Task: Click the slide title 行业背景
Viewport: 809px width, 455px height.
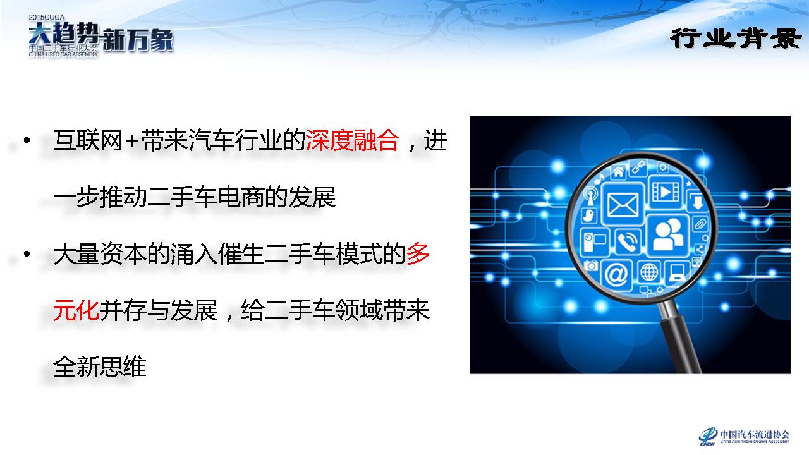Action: click(x=735, y=39)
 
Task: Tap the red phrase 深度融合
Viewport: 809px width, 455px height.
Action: click(x=352, y=140)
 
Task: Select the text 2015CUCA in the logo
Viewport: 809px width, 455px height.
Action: click(x=47, y=17)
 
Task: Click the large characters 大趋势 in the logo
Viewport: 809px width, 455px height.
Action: click(x=64, y=33)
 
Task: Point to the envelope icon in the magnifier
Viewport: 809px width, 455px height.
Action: click(x=623, y=204)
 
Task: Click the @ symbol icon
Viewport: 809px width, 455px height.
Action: click(x=616, y=275)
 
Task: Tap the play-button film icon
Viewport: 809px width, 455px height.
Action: click(x=666, y=192)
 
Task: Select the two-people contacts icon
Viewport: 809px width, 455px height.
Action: click(x=668, y=236)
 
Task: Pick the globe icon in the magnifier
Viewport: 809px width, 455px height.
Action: click(x=649, y=272)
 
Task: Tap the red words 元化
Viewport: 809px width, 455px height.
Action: click(x=76, y=310)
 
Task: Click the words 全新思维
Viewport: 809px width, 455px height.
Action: click(x=100, y=367)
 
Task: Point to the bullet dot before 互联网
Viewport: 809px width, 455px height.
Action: click(x=27, y=140)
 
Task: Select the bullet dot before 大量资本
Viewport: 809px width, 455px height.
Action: click(x=27, y=254)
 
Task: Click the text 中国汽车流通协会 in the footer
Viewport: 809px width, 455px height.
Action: click(x=755, y=434)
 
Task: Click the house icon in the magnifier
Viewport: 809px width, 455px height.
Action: click(x=618, y=171)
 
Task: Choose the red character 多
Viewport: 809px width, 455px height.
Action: click(x=418, y=254)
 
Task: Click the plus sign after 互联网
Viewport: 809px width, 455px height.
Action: click(x=132, y=141)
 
